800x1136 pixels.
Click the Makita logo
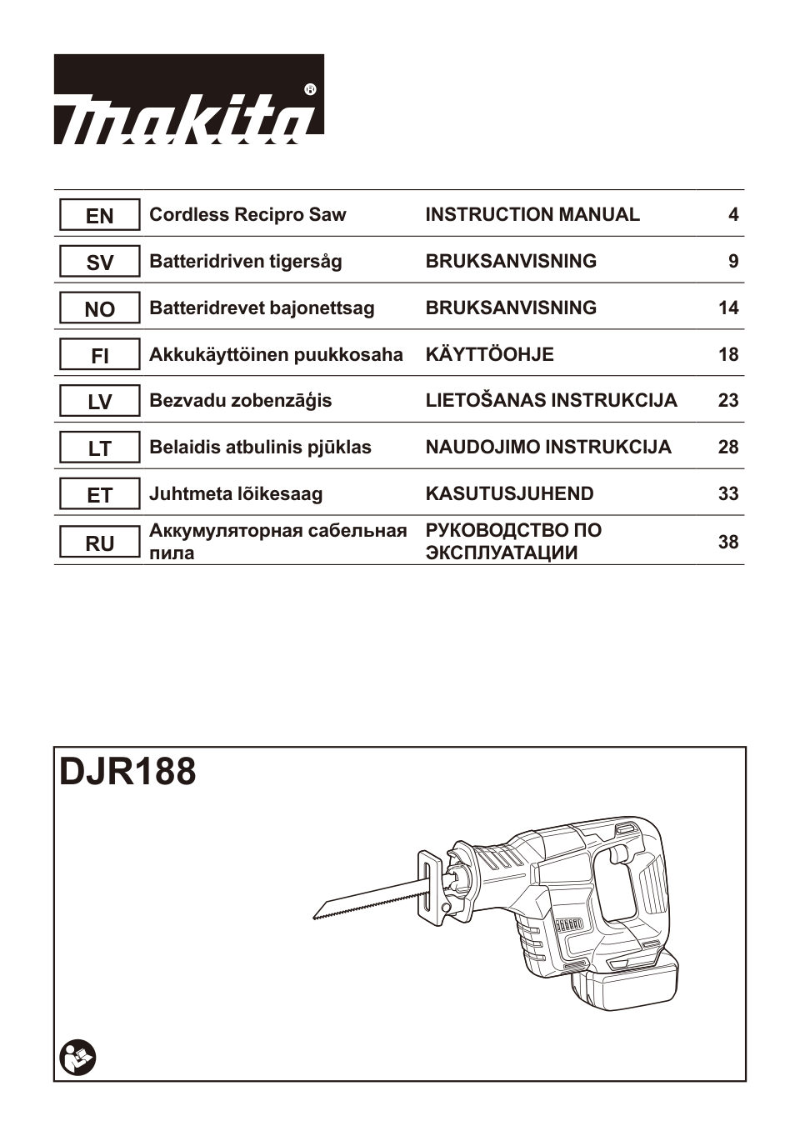(x=189, y=100)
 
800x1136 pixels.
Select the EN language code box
(x=99, y=216)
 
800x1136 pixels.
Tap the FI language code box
(x=99, y=356)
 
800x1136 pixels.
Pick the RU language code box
(x=99, y=543)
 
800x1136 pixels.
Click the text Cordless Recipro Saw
(x=247, y=215)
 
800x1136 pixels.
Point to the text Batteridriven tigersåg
(x=245, y=262)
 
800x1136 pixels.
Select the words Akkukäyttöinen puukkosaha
(x=275, y=355)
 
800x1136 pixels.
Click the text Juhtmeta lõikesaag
(x=235, y=494)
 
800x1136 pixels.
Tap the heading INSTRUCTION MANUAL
(x=532, y=215)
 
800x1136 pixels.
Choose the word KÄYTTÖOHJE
(x=489, y=355)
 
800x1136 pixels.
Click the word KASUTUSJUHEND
(x=509, y=494)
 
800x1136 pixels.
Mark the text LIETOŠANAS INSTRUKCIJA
(x=551, y=401)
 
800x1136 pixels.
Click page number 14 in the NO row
(x=727, y=308)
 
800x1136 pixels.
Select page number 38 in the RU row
(x=727, y=543)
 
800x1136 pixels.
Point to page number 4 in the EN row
(x=732, y=215)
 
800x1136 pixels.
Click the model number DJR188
(x=128, y=772)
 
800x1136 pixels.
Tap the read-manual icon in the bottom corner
(x=78, y=1058)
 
